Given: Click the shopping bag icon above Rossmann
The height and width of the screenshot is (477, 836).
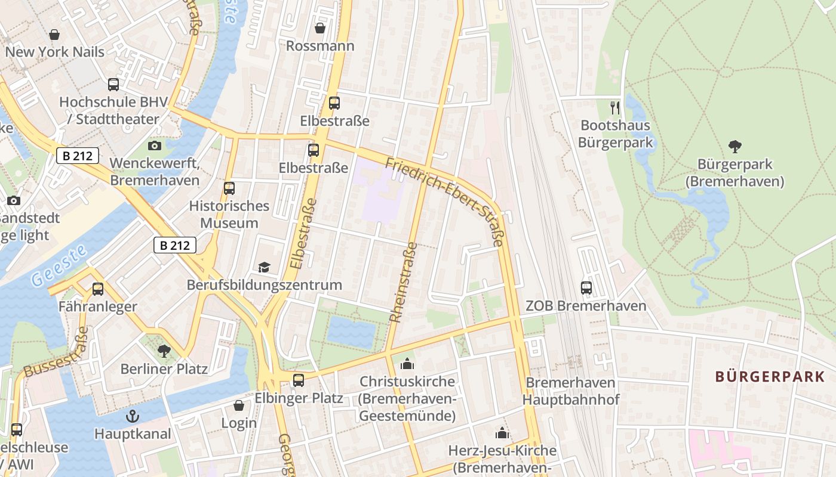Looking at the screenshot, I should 320,28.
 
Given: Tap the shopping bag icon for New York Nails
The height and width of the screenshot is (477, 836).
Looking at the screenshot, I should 54,35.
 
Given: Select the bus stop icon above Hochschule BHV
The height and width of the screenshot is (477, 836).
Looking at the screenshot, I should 113,85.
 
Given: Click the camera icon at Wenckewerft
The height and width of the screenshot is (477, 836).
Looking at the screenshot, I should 155,145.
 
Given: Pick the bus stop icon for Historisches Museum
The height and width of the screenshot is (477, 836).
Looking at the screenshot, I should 229,188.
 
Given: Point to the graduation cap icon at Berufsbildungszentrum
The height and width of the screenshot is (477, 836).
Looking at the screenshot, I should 264,267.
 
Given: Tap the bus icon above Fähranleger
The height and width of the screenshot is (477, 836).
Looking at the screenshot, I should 98,289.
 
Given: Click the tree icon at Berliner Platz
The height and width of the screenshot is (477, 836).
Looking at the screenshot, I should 164,351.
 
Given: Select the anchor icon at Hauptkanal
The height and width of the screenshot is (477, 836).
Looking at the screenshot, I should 133,416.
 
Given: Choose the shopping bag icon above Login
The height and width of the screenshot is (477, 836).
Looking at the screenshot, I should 239,405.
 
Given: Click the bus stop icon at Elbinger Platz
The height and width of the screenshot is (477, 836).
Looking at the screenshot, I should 299,380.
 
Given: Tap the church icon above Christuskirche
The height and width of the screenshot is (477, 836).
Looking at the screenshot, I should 407,363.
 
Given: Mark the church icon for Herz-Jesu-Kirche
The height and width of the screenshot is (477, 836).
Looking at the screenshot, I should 502,433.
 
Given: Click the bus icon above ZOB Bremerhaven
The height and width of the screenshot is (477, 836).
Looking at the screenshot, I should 586,288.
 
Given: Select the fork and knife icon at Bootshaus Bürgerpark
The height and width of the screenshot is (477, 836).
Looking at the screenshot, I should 615,108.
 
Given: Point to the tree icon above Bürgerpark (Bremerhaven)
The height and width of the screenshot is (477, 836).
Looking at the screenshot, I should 735,146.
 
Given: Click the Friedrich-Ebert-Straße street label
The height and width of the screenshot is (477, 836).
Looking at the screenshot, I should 445,202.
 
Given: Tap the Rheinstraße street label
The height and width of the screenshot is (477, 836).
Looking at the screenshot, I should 404,282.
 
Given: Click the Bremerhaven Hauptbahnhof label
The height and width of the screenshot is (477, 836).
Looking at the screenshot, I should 571,391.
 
